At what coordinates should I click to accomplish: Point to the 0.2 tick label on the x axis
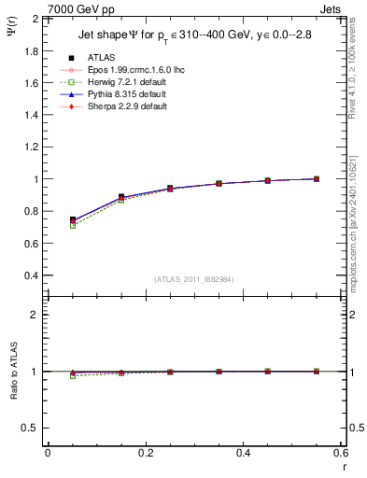coord(145,453)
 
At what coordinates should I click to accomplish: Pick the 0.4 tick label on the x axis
coord(243,453)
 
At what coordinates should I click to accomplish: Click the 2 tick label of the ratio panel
coord(35,315)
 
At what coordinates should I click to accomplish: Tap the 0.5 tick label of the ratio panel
coord(31,428)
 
